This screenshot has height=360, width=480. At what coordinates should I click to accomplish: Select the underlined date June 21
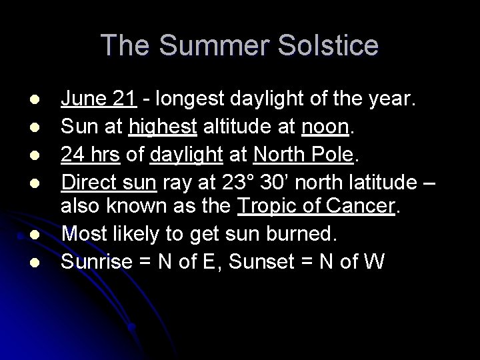pyautogui.click(x=99, y=99)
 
